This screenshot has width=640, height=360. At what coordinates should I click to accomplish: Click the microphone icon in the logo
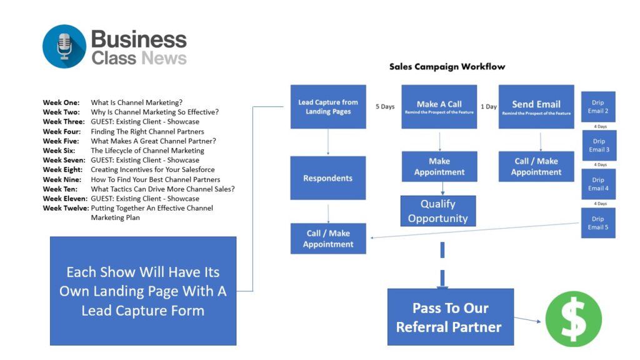[64, 46]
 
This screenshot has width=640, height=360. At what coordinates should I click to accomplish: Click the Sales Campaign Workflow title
[447, 66]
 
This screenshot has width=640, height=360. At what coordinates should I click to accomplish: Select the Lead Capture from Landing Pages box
[328, 107]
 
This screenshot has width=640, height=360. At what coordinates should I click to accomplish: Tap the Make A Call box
[439, 107]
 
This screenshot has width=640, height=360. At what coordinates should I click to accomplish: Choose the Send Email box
[536, 107]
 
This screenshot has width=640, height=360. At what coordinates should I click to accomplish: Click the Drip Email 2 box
[598, 107]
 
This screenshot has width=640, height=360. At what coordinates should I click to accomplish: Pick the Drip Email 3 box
[599, 146]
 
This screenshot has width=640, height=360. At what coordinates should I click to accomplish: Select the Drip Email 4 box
[598, 184]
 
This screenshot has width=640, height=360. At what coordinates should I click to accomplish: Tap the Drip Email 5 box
[598, 223]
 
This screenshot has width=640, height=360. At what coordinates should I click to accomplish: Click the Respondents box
[328, 178]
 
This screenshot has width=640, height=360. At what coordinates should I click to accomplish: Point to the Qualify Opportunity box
[438, 211]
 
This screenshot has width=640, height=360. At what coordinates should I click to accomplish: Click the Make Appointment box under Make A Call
[439, 167]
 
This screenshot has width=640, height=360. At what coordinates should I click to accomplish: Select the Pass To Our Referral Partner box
[450, 317]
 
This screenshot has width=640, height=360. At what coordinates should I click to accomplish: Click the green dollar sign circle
[573, 319]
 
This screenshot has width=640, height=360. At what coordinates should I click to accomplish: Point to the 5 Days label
[384, 106]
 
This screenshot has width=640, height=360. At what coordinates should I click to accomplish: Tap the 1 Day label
[488, 106]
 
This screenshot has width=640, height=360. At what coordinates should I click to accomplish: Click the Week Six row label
[59, 151]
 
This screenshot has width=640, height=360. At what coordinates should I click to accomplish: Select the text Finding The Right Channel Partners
[147, 131]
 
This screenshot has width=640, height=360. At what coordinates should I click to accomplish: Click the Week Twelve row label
[65, 208]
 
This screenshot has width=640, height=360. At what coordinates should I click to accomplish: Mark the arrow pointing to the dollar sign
[529, 321]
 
